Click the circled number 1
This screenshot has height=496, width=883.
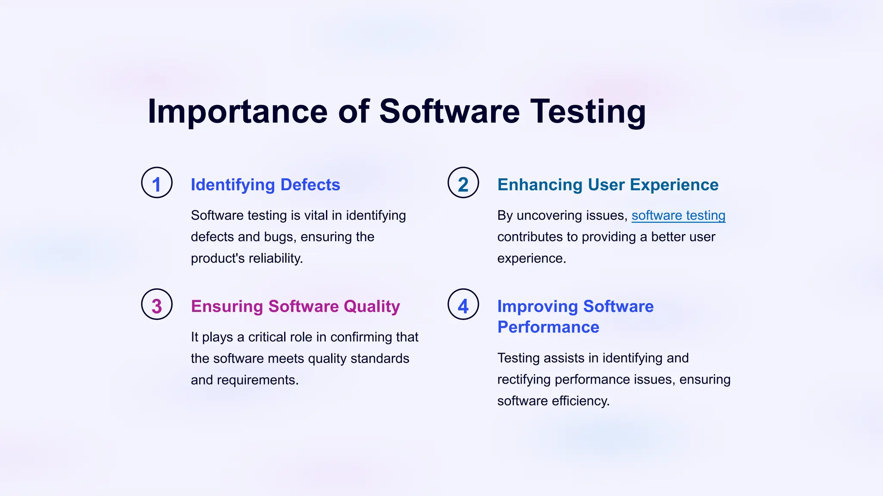tap(157, 183)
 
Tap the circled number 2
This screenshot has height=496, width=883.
tap(463, 183)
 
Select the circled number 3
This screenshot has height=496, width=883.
tap(157, 304)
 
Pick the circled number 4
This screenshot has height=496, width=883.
tap(463, 304)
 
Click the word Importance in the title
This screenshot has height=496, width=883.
tap(238, 112)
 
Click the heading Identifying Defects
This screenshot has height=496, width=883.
tap(265, 185)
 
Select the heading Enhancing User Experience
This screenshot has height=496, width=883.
tap(607, 185)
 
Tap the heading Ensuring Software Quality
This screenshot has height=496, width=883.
tap(295, 307)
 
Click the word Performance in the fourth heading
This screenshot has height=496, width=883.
tap(548, 327)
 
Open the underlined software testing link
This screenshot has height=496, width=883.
tap(678, 215)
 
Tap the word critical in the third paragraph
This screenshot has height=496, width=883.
tap(267, 337)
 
